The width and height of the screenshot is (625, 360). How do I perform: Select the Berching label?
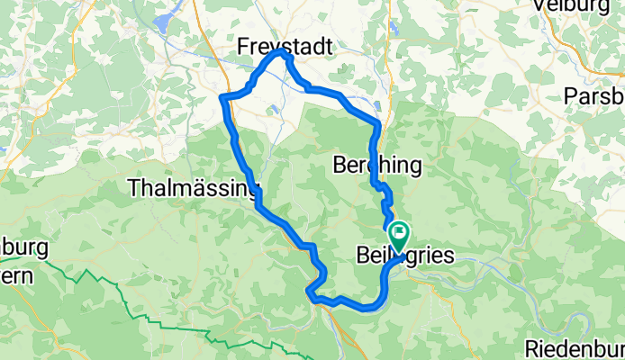[377, 166]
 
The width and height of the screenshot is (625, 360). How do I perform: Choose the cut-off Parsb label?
[594, 96]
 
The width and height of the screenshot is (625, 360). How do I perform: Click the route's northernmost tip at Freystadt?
[283, 52]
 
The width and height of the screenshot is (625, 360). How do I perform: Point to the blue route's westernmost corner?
[222, 96]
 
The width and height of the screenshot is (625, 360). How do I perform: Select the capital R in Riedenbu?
[532, 348]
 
